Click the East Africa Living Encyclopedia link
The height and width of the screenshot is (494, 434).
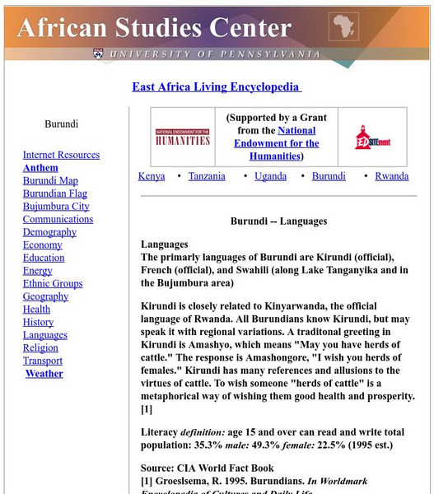click(217, 87)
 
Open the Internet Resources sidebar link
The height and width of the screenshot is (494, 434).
click(61, 155)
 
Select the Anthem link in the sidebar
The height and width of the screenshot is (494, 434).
click(40, 168)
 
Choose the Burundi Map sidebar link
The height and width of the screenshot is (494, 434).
click(50, 181)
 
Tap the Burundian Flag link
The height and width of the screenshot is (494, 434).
click(54, 193)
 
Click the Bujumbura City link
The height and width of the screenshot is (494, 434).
click(56, 207)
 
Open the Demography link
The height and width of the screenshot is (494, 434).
click(49, 232)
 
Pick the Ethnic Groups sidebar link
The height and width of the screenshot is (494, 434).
click(53, 284)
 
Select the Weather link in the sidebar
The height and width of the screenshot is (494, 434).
click(44, 374)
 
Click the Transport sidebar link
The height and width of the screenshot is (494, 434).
click(43, 361)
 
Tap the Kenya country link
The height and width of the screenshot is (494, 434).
click(152, 176)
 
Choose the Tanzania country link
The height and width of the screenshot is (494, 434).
click(207, 176)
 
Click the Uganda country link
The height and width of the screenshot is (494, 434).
click(271, 176)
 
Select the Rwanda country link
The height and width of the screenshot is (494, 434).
click(392, 176)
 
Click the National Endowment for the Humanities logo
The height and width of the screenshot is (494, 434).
click(183, 137)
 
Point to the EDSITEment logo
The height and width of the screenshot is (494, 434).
click(373, 137)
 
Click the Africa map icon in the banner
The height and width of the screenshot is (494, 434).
click(343, 27)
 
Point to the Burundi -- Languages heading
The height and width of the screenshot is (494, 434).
click(278, 221)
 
